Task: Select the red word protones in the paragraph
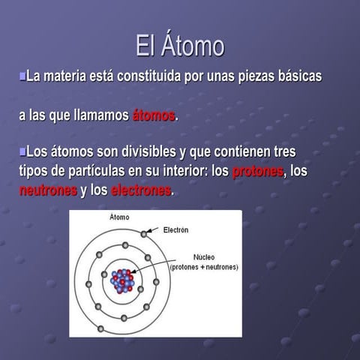(258, 172)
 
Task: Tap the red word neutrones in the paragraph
(48, 190)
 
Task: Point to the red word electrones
(142, 190)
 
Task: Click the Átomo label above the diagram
(120, 217)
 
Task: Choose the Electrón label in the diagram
(175, 229)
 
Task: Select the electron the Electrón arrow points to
(143, 234)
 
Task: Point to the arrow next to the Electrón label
(154, 231)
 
